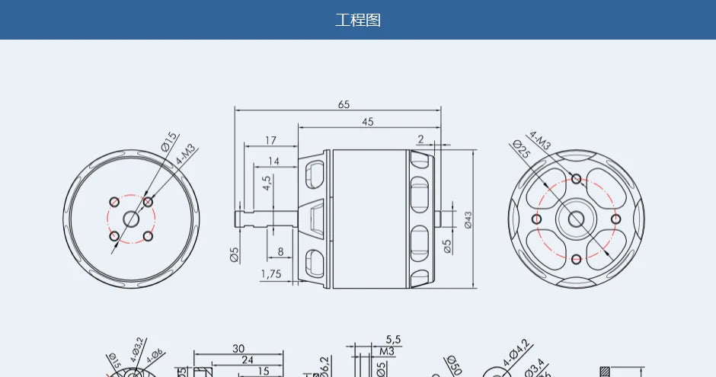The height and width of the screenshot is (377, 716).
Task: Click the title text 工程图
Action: click(358, 20)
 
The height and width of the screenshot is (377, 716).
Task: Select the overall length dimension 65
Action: click(344, 104)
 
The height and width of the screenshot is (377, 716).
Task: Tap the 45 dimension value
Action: click(368, 122)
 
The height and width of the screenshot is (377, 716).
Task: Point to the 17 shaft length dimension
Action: click(270, 140)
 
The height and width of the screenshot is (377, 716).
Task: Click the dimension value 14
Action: click(273, 161)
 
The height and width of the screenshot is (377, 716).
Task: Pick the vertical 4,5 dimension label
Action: click(267, 184)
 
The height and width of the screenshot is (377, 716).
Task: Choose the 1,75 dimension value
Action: click(271, 273)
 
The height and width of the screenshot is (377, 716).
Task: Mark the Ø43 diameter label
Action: click(468, 219)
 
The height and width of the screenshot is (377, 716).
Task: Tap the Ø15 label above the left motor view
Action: click(168, 141)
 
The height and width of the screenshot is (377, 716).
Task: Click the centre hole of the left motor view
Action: click(131, 219)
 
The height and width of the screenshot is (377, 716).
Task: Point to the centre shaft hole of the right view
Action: click(576, 219)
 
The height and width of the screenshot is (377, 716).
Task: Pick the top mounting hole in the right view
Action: click(577, 179)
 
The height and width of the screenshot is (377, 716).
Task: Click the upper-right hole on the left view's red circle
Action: click(148, 202)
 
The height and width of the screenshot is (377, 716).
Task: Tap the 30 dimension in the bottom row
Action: click(238, 349)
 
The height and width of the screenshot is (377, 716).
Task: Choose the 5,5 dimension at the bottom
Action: click(393, 339)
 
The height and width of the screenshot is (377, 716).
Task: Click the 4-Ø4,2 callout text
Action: click(516, 354)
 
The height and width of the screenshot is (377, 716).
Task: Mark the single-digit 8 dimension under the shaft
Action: click(280, 251)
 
